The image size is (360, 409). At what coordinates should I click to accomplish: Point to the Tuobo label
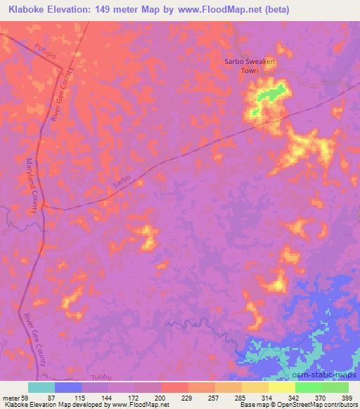(103, 377)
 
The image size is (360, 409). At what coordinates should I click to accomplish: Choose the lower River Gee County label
(34, 340)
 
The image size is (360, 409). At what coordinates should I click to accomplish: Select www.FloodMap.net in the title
(221, 10)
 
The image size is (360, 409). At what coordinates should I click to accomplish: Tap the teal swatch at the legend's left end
(41, 387)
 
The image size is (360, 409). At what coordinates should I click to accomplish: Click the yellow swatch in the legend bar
(282, 387)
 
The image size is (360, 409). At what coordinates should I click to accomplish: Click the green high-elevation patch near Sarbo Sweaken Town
(272, 93)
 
